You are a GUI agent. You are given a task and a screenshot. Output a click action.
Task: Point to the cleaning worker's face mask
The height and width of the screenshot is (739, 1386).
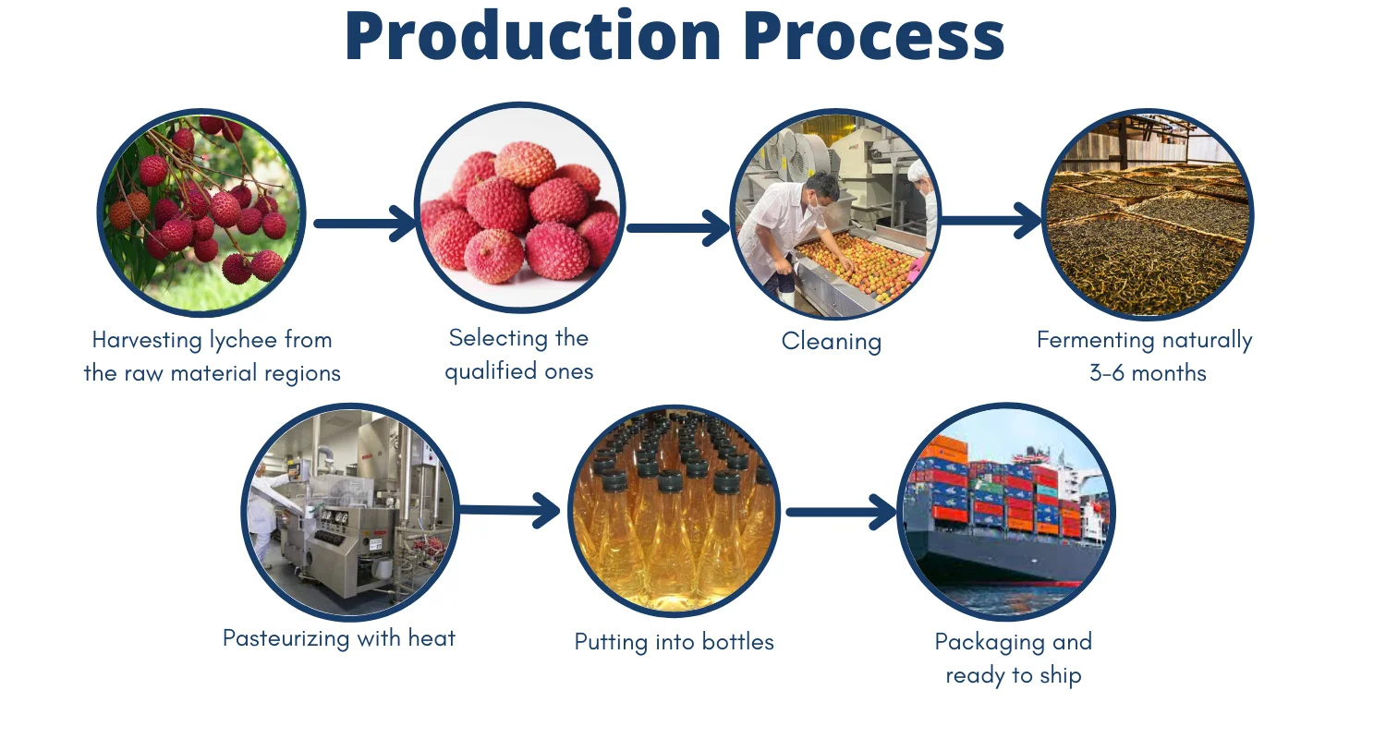point(817,209)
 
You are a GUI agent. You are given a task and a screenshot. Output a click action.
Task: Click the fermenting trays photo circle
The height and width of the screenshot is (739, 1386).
point(1148,214)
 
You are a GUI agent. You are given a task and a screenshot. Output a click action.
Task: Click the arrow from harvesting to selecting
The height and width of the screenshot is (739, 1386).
point(364,224)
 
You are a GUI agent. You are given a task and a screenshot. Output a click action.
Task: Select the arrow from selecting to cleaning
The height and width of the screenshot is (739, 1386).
point(678,227)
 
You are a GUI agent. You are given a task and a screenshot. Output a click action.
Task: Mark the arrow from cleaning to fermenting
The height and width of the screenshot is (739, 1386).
point(991,221)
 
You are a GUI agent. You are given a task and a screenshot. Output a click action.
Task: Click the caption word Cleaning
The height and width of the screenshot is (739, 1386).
point(832,342)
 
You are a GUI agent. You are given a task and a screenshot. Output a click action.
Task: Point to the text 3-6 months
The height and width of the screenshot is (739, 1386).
point(1148,373)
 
